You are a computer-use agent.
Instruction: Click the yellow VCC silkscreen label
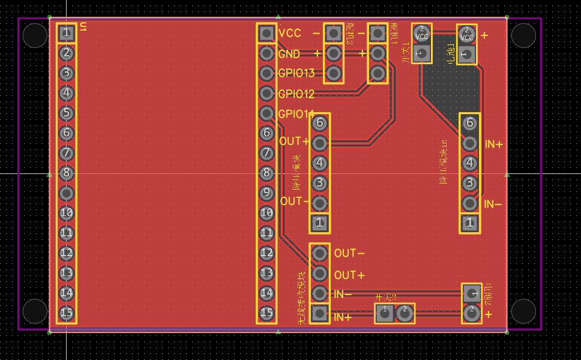pyautogui.click(x=290, y=34)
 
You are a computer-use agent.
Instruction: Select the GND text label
pyautogui.click(x=289, y=54)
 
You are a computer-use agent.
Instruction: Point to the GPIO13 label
pyautogui.click(x=296, y=73)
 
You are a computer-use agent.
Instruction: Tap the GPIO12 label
pyautogui.click(x=296, y=94)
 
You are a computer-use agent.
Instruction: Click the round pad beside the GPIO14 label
pyautogui.click(x=266, y=113)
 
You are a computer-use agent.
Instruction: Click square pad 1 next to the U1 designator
pyautogui.click(x=67, y=33)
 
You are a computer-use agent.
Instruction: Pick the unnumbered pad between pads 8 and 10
pyautogui.click(x=67, y=193)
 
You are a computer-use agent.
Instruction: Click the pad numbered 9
pyautogui.click(x=266, y=193)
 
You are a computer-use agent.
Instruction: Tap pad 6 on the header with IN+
pyautogui.click(x=469, y=123)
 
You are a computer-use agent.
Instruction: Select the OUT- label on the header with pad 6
pyautogui.click(x=294, y=201)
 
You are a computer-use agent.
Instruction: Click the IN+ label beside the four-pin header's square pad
pyautogui.click(x=342, y=317)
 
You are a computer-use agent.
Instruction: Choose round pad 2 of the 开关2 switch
pyautogui.click(x=405, y=312)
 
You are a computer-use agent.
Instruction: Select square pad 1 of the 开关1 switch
pyautogui.click(x=422, y=54)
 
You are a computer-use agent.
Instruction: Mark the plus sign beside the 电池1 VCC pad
pyautogui.click(x=484, y=35)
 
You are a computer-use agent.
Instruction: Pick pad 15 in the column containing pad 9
pyautogui.click(x=266, y=313)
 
